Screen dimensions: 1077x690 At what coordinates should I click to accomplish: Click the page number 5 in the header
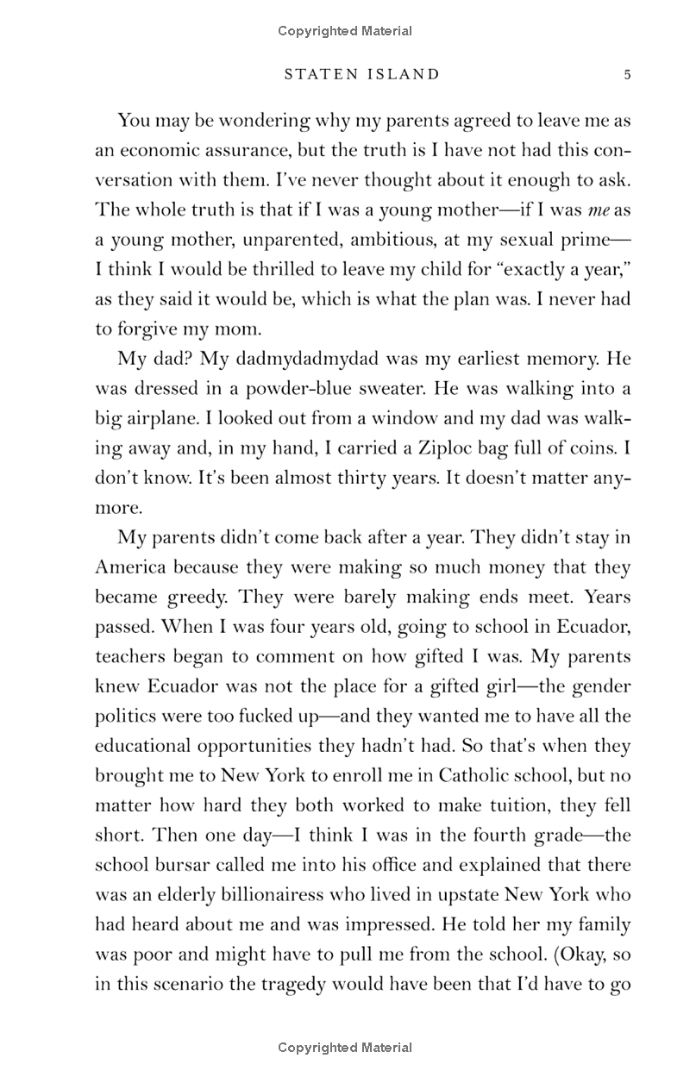point(628,75)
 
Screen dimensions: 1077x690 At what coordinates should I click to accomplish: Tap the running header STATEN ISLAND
point(361,75)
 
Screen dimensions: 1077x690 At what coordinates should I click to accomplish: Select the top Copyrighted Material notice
point(345,31)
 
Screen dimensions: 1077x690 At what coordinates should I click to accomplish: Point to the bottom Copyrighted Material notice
point(345,1049)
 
